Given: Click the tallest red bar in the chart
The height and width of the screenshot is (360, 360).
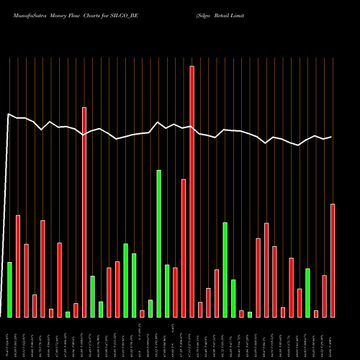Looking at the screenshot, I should tap(192, 192).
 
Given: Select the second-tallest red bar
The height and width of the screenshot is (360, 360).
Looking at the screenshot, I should tap(84, 212).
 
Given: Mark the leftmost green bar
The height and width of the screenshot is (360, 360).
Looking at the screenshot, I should tap(10, 289).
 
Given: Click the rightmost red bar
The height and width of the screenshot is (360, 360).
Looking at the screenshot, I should tap(333, 261).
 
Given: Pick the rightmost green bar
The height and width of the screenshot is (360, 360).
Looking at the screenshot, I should tap(308, 292).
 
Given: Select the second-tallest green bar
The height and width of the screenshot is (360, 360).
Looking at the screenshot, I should tap(225, 270).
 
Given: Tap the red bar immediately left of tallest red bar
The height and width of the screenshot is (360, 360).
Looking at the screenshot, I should tap(184, 248).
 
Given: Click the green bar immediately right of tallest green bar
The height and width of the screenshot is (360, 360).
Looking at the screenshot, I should tap(167, 291).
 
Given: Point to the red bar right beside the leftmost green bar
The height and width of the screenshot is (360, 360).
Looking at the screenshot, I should tap(18, 266).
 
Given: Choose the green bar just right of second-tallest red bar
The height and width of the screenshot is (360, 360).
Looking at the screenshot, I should tap(93, 296).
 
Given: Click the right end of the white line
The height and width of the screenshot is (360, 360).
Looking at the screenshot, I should tap(332, 137).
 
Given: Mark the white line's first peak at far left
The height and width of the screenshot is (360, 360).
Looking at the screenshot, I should tap(9, 114).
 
